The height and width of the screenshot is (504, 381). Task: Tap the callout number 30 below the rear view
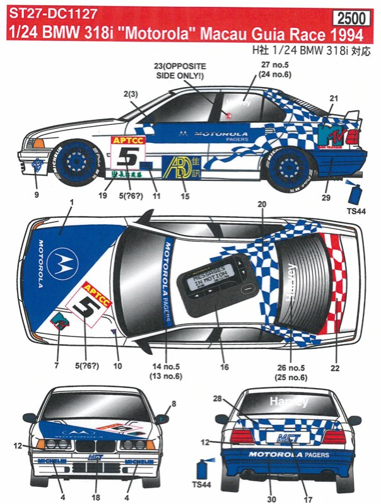[271, 498]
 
